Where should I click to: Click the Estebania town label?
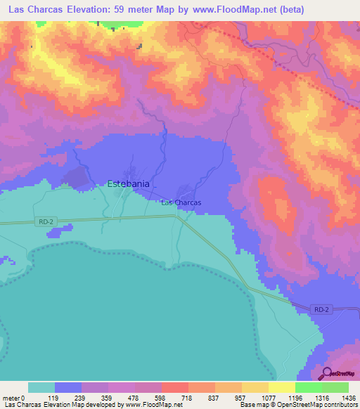pyautogui.click(x=127, y=184)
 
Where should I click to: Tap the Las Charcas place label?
pyautogui.click(x=181, y=202)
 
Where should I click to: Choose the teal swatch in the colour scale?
pyautogui.click(x=41, y=387)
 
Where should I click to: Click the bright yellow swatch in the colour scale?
pyautogui.click(x=281, y=387)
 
